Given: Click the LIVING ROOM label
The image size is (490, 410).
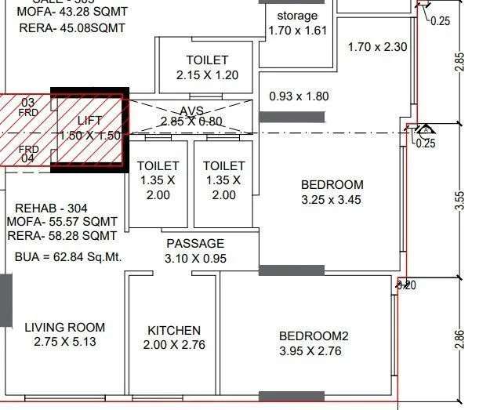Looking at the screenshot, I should click(x=64, y=328).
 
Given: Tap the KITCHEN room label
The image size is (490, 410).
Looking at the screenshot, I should click(x=174, y=331).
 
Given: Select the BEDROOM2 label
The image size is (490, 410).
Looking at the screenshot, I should click(x=314, y=336).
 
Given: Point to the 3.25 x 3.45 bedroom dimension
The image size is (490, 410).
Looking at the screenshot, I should click(x=332, y=200).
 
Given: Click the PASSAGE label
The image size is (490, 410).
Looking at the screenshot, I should click(x=195, y=244).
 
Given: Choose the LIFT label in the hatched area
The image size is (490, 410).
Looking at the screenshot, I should click(x=90, y=121).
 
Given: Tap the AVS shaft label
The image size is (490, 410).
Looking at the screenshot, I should click(x=191, y=111).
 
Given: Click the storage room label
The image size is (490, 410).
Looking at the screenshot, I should click(x=298, y=16).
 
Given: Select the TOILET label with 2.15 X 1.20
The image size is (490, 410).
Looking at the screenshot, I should click(x=207, y=60).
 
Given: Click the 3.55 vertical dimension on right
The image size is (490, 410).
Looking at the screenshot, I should click(x=460, y=200).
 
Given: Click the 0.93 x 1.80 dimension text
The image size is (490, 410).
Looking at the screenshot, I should click(x=299, y=96).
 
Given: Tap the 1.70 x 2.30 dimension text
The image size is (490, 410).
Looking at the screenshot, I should click(x=378, y=47).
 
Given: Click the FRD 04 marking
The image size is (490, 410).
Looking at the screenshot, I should click(x=28, y=154).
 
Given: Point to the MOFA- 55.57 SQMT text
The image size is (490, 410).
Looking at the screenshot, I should click(x=62, y=222).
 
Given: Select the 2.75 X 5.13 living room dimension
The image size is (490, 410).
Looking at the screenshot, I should click(x=64, y=343).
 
